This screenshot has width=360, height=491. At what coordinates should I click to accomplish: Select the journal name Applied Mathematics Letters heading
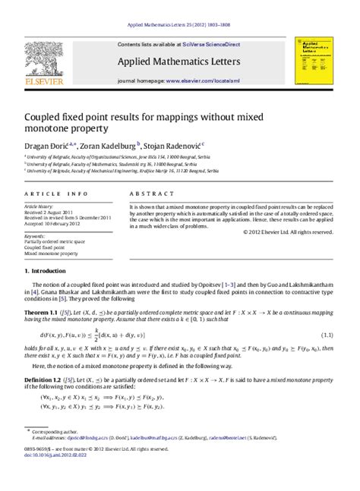(178, 61)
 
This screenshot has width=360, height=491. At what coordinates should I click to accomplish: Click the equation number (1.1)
(327, 335)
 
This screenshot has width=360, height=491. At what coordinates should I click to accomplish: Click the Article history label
(39, 206)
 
